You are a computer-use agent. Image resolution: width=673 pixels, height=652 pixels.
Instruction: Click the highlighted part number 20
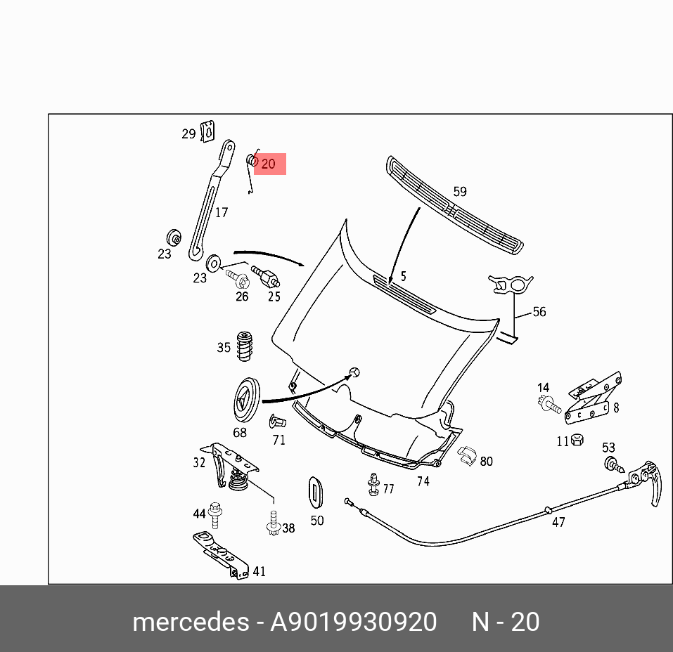[269, 164]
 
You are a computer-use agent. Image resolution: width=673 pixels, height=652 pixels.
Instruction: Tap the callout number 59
[460, 191]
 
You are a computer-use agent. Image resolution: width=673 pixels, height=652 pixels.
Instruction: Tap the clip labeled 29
[207, 131]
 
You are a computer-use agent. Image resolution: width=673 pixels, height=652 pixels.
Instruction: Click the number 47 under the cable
[558, 522]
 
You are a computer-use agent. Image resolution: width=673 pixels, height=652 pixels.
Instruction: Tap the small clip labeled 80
[467, 457]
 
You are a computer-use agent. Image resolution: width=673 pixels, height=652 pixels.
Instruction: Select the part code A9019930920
[354, 622]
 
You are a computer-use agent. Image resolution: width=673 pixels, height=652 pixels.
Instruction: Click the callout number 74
[423, 481]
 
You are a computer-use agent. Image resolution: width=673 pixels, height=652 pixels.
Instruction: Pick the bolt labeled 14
[549, 404]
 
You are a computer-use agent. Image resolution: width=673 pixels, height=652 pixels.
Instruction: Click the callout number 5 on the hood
[404, 276]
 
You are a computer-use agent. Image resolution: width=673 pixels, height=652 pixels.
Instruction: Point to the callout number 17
[222, 212]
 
